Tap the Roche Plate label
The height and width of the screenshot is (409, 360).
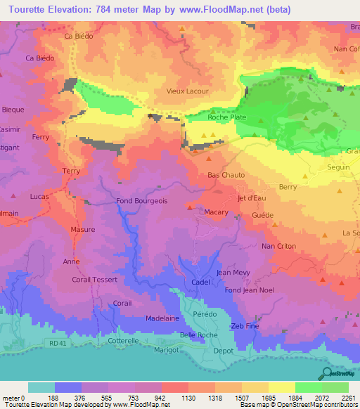click(x=226, y=117)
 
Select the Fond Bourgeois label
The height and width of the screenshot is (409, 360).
click(x=142, y=201)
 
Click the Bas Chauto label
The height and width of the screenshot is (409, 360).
click(x=225, y=175)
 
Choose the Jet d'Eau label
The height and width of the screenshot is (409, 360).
click(x=251, y=198)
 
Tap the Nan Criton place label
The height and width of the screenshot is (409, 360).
click(x=278, y=246)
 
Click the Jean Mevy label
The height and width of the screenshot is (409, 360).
click(x=234, y=272)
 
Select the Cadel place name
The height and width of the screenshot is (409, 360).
click(x=202, y=283)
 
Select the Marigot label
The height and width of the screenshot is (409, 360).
click(x=167, y=348)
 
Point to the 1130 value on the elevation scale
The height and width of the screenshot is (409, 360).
click(x=188, y=397)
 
